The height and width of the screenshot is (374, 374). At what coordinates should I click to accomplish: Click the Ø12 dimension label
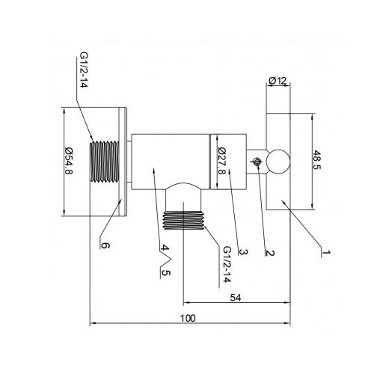click(x=278, y=81)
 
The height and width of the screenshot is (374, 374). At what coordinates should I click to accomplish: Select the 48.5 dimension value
click(x=317, y=159)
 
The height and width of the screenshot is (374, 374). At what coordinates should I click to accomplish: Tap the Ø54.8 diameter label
click(x=69, y=161)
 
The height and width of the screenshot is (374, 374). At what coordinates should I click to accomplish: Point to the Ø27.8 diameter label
click(x=221, y=161)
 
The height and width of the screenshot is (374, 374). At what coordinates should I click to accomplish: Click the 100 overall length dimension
click(x=188, y=319)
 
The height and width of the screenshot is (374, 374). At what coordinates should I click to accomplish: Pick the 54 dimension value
click(x=236, y=298)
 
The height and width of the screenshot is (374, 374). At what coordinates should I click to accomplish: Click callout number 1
click(x=325, y=252)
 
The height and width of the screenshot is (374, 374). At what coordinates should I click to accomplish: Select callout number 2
click(x=270, y=253)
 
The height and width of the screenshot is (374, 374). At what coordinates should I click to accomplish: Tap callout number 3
click(x=243, y=252)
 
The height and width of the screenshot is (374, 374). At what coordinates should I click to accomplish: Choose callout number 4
click(x=165, y=248)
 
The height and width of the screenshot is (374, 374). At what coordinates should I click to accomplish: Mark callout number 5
click(x=165, y=273)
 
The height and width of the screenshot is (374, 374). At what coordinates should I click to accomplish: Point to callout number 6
click(x=105, y=246)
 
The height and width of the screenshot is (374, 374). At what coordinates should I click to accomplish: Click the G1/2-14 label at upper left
click(x=84, y=70)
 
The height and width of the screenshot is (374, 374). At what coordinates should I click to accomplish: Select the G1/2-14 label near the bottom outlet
click(x=227, y=264)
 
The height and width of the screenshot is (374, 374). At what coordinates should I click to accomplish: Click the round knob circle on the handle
click(x=278, y=162)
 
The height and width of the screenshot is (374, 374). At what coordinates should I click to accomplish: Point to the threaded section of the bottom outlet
click(x=183, y=220)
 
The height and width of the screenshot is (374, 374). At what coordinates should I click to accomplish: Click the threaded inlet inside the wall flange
click(x=104, y=162)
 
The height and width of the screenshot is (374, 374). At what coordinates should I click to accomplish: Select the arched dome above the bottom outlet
click(x=183, y=186)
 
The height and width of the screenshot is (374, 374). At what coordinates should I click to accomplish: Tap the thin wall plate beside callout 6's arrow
click(x=123, y=162)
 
